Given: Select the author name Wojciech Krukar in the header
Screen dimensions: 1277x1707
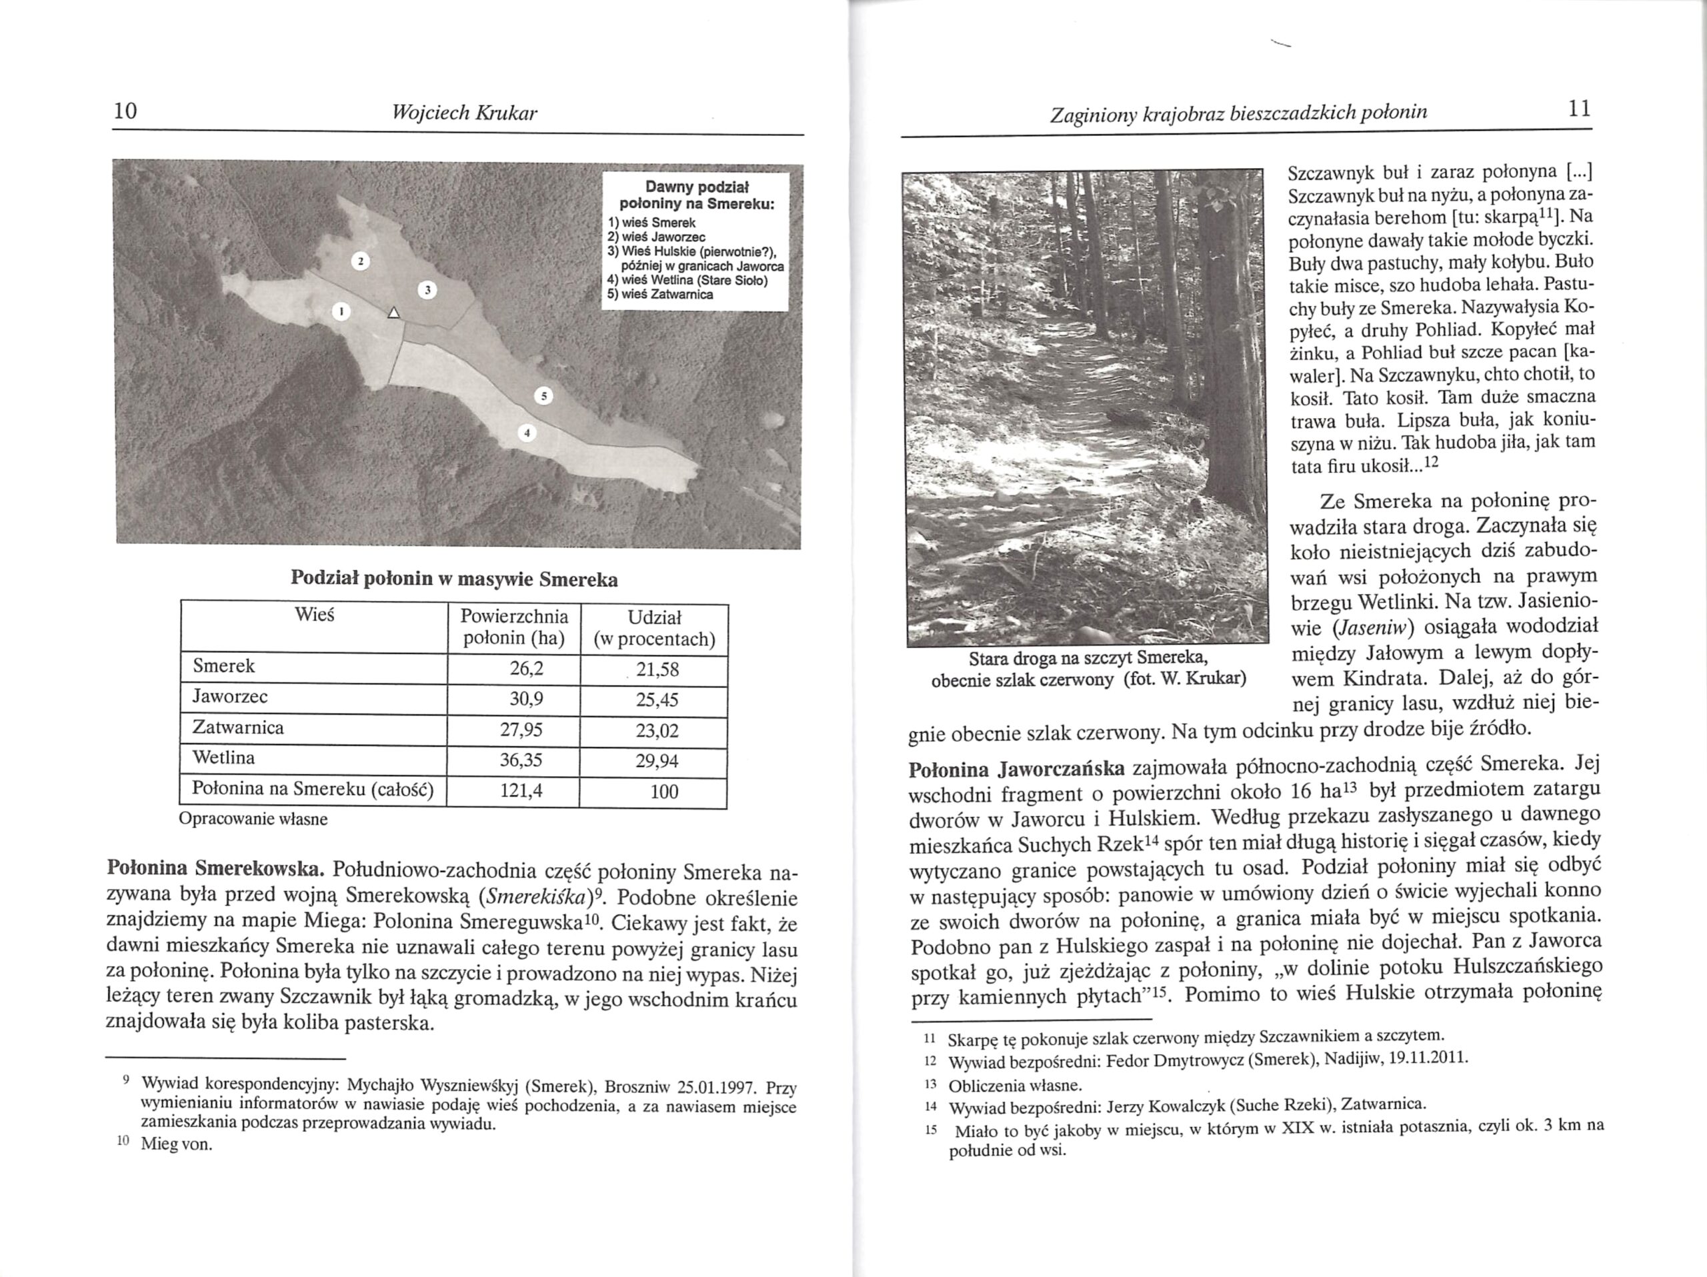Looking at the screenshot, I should (465, 113).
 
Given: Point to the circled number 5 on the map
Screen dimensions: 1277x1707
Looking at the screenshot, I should (544, 397).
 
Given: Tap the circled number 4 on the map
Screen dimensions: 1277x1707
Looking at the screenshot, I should (525, 433).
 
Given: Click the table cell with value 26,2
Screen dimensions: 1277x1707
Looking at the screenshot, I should (526, 669).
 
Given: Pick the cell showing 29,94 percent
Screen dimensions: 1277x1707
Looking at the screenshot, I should (657, 762).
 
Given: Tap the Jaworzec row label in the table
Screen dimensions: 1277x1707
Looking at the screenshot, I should (230, 698).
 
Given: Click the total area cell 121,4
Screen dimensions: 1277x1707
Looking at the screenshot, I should (521, 791).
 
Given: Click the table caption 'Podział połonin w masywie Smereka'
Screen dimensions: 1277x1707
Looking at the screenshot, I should (454, 578).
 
